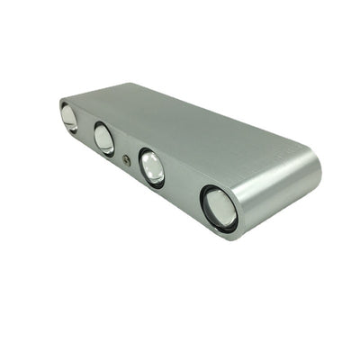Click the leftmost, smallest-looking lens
[69, 117]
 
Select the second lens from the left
[104, 139]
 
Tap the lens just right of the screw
[152, 168]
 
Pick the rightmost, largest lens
[219, 208]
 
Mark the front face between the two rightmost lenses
[184, 189]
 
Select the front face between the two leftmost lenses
[86, 129]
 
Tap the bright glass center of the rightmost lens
[221, 209]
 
